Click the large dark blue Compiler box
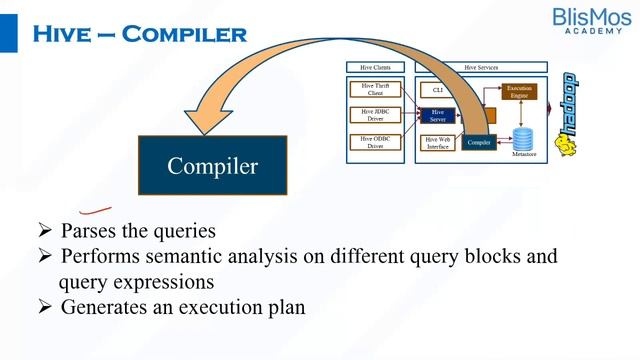pos(212,166)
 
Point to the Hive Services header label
pos(481,67)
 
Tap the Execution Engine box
pos(520,92)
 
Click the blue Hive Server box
pos(437,116)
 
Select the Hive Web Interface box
pos(438,143)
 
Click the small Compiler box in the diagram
pos(480,142)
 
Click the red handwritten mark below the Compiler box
pos(95,209)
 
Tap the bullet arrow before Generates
pos(44,308)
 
